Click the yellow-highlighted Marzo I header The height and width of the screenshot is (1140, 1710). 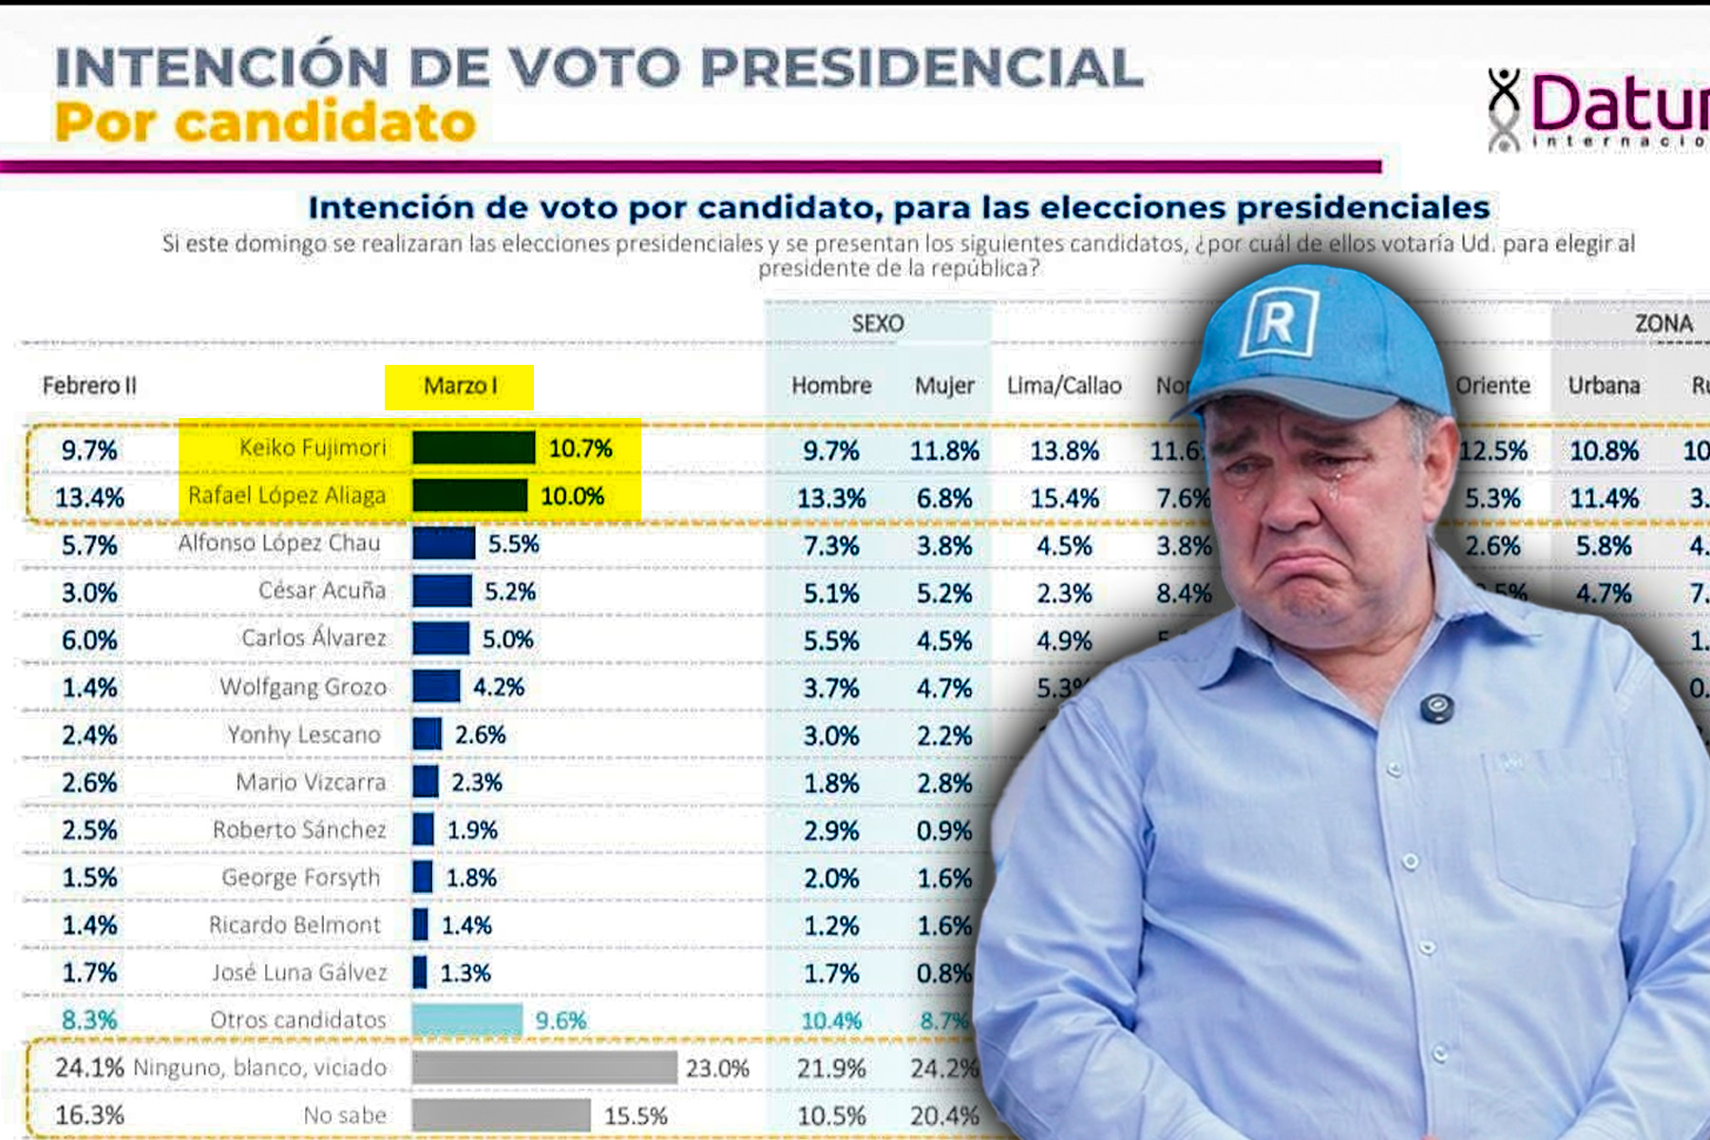coord(460,387)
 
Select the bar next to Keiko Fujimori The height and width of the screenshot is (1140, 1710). coord(473,447)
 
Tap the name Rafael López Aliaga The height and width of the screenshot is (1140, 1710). coord(287,496)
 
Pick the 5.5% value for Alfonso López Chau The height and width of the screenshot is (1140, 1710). coord(514,544)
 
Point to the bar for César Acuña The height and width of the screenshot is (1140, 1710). coord(442,591)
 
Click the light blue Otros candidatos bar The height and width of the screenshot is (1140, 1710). coord(466,1019)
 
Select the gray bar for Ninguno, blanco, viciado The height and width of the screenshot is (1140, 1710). coord(543,1068)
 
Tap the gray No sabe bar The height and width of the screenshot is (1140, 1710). coord(501,1115)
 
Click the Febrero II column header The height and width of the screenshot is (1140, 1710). coord(89,386)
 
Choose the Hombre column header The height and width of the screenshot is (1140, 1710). coord(831,386)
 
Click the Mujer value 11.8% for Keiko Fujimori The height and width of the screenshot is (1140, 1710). coord(944,450)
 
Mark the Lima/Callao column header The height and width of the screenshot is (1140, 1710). coord(1064,386)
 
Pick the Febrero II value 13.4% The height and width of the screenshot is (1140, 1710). coord(89,498)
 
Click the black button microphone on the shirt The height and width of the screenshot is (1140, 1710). coord(1435,707)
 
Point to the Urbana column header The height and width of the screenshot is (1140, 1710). coord(1604,386)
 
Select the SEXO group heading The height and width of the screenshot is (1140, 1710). coord(878,324)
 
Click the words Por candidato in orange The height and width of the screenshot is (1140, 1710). coord(265,123)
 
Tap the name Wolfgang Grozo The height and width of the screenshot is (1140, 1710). coord(303,687)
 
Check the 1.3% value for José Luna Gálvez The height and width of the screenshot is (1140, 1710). coord(465,973)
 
